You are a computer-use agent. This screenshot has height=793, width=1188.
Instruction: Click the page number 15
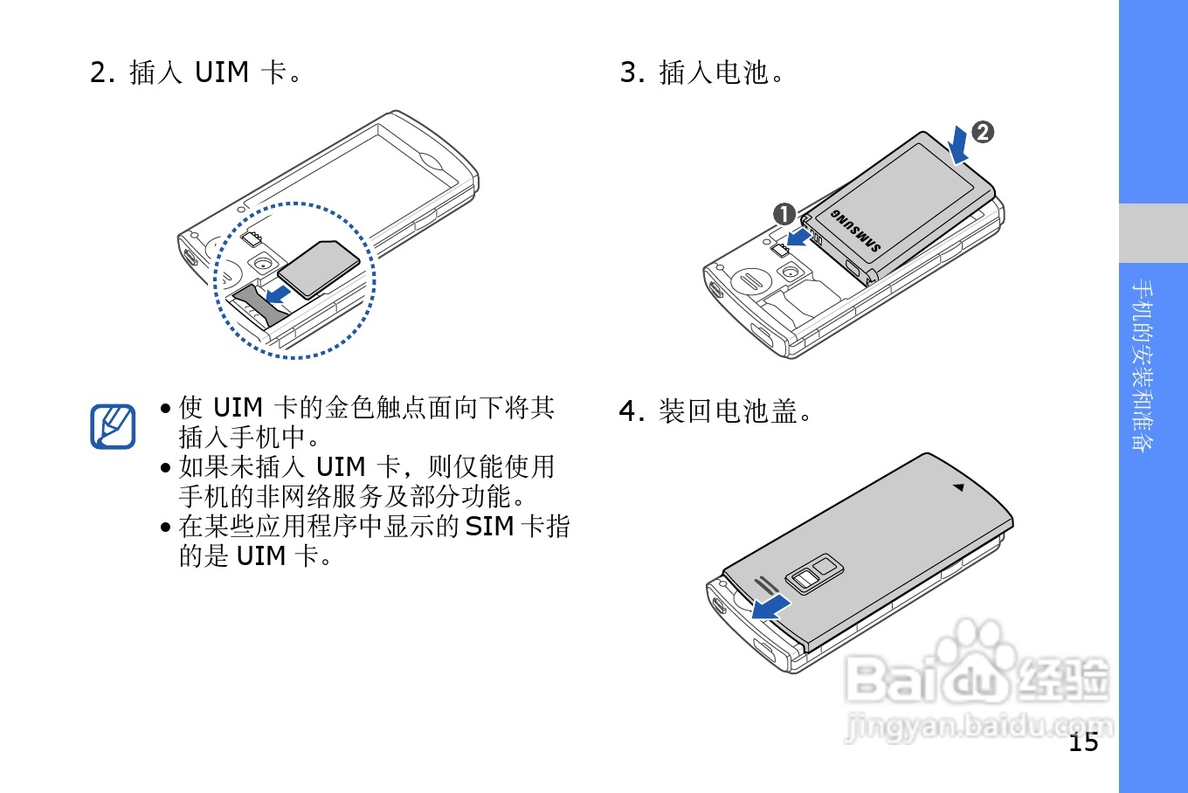click(x=1083, y=741)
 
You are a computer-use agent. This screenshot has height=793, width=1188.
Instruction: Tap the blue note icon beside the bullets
click(x=114, y=426)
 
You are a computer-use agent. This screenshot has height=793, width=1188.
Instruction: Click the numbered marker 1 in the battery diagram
click(x=784, y=214)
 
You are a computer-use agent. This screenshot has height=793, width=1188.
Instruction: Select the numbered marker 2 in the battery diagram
click(x=983, y=132)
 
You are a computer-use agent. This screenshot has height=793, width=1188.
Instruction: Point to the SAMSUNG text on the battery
click(x=855, y=231)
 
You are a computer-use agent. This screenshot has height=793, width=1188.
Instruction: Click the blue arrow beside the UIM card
click(x=280, y=293)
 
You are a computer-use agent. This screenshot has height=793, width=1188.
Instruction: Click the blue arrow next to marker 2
click(x=959, y=145)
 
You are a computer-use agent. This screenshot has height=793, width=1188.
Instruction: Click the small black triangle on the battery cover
click(x=958, y=487)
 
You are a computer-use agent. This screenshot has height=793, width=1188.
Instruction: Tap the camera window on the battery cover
click(x=814, y=572)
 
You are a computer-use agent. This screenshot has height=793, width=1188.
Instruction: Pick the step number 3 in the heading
click(x=630, y=72)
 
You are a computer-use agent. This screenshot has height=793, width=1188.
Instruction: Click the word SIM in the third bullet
click(x=488, y=526)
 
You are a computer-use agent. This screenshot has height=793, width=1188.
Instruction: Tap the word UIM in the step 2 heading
click(x=222, y=72)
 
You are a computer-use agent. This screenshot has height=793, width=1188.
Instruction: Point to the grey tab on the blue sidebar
click(x=1153, y=233)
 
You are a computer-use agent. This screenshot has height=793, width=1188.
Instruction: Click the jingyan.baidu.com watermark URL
click(x=978, y=727)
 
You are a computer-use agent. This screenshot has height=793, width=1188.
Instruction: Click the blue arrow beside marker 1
click(x=797, y=237)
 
